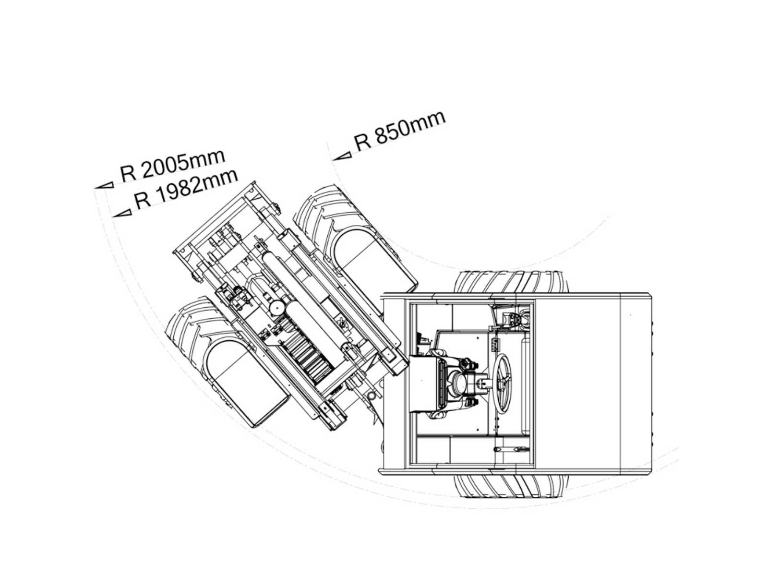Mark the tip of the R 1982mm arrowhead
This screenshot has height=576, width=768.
[113, 216]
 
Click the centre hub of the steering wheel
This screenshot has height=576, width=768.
[502, 379]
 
